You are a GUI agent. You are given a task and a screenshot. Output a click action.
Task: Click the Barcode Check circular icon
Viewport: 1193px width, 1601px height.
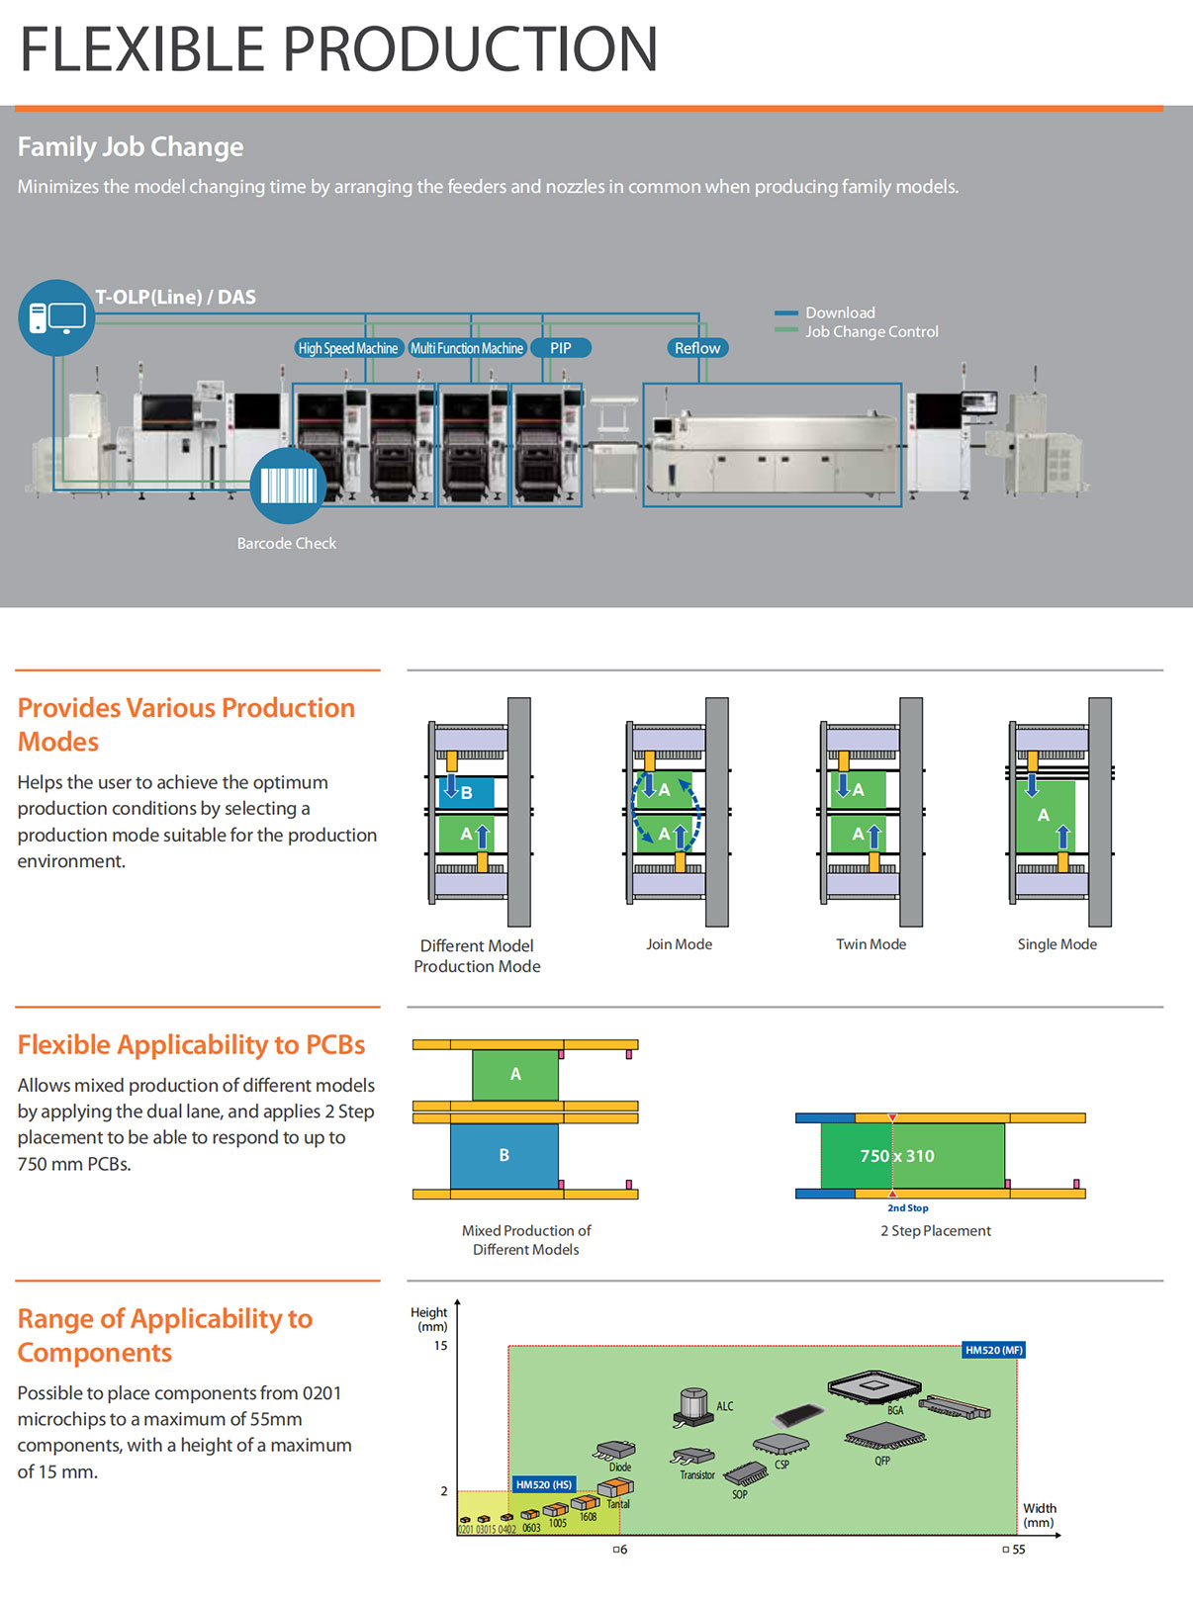coord(288,486)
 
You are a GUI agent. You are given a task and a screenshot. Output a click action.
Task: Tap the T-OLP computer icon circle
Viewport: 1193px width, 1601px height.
coord(56,317)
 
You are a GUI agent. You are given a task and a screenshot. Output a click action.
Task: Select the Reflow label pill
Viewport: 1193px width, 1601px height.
coord(697,348)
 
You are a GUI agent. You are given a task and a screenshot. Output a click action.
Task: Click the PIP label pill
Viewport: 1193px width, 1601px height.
coord(561,348)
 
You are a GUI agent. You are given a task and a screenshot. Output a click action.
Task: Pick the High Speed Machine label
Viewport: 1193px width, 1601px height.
coord(348,348)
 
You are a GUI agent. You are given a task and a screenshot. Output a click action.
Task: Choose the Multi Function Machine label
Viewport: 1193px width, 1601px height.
coord(467,348)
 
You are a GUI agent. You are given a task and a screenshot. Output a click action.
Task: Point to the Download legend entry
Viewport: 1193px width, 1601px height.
coord(840,312)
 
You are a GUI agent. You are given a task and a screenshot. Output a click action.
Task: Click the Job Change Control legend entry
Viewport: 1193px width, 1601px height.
coord(872,332)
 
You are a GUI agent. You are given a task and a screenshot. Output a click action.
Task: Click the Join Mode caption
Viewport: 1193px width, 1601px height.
coord(680,944)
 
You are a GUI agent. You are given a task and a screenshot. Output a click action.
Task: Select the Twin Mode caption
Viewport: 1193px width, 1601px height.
coord(872,944)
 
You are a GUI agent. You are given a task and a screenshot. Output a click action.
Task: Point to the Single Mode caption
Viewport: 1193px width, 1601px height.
coord(1057,944)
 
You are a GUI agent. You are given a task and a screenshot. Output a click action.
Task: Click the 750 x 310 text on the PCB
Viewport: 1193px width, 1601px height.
coord(897,1156)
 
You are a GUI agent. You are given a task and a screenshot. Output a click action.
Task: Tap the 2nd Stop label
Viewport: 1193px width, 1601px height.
coord(908,1208)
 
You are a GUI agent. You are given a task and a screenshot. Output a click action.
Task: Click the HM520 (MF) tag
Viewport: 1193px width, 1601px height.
coord(994,1350)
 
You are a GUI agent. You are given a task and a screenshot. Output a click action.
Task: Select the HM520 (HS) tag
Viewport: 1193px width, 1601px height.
coord(544,1484)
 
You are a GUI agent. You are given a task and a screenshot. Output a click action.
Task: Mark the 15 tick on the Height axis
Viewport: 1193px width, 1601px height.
coord(441,1346)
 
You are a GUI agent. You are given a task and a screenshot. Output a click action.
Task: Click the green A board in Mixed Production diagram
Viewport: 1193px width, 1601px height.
coord(515,1075)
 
